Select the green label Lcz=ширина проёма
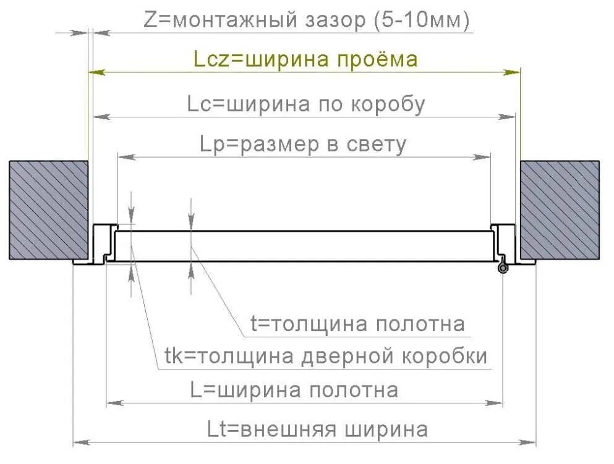305,59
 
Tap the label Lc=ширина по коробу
306,104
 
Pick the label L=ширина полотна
294,390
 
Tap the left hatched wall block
48,209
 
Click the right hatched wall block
560,209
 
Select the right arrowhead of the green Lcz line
513,72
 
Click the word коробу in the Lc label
388,104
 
